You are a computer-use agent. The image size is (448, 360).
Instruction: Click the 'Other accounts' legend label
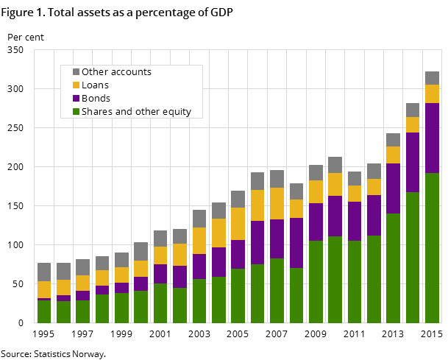pos(116,72)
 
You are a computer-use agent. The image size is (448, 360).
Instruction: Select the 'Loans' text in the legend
pos(95,85)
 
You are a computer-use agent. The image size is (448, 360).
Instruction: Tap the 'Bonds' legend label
pos(96,99)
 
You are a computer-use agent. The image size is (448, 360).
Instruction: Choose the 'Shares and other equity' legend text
pos(136,112)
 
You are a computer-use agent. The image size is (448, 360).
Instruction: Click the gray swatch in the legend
pos(76,72)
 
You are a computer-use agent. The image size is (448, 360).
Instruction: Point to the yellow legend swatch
pos(76,85)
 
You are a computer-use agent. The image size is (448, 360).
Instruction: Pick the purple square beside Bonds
pos(76,99)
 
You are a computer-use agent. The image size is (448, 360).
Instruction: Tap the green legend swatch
pos(76,112)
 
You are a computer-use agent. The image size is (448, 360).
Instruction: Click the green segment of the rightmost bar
pos(432,247)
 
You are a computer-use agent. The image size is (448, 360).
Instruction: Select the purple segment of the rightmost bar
pos(432,138)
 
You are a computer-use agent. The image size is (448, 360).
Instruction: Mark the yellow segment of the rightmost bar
pos(432,93)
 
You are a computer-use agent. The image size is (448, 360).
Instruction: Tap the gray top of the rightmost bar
pos(432,78)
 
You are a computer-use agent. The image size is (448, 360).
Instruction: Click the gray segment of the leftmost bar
pos(44,272)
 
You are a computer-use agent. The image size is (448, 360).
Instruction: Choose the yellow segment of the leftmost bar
pos(44,289)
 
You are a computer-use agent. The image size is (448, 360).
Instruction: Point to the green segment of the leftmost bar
pos(44,311)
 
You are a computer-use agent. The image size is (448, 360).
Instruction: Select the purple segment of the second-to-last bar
pos(413,162)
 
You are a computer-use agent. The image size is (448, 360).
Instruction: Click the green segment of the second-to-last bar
pos(413,257)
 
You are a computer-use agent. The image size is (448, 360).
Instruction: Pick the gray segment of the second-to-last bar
pos(413,110)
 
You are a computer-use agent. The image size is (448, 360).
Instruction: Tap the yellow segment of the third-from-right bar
pos(393,155)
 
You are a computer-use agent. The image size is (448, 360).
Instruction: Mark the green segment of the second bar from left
pos(63,312)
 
